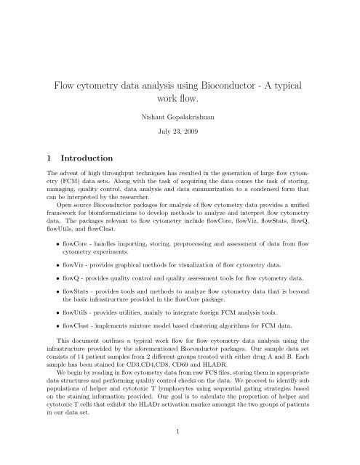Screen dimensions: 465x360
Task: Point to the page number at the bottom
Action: (180, 450)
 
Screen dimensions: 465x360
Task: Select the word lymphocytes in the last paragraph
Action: (172, 414)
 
